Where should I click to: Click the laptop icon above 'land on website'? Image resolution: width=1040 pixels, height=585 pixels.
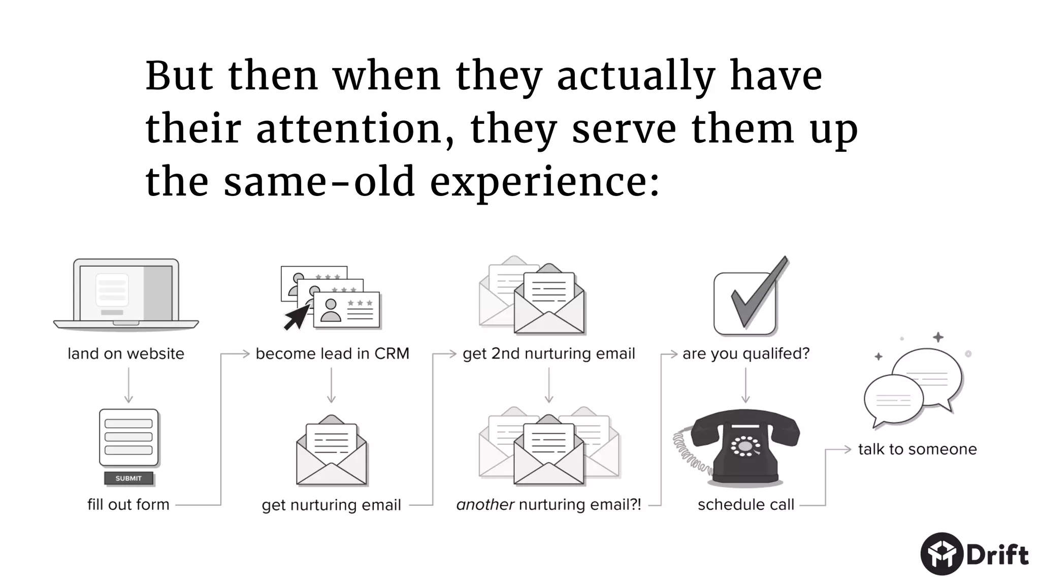click(x=126, y=295)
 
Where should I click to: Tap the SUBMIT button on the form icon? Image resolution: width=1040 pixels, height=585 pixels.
click(x=128, y=478)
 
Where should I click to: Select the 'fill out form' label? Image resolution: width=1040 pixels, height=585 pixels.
click(x=128, y=505)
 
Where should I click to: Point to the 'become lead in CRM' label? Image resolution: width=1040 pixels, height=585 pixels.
click(x=332, y=354)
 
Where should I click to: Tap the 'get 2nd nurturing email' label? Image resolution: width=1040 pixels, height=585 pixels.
click(x=548, y=354)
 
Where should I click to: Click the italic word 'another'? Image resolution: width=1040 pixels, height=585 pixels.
click(x=485, y=505)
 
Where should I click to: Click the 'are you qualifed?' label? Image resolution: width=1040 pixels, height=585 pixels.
click(x=745, y=354)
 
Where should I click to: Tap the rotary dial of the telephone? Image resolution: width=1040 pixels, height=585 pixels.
click(x=745, y=446)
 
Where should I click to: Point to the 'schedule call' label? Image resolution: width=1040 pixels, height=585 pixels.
click(x=745, y=505)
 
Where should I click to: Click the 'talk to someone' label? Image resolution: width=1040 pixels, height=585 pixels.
click(x=917, y=449)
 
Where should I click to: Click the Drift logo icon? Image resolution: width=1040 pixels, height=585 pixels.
click(x=941, y=554)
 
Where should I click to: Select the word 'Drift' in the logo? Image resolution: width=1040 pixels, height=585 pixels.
click(x=997, y=555)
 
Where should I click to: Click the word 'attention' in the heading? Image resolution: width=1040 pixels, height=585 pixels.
click(x=348, y=129)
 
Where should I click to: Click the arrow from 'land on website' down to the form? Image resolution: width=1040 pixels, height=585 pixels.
click(x=128, y=385)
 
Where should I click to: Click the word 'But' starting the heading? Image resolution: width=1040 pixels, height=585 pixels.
click(x=179, y=76)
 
